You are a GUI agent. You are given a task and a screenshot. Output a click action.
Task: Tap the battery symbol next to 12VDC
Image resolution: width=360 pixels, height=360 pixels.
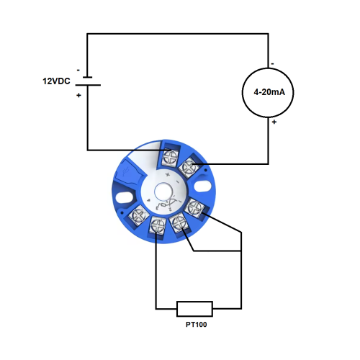[87, 81]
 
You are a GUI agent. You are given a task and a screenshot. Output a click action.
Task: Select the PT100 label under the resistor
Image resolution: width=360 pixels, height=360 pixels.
[194, 325]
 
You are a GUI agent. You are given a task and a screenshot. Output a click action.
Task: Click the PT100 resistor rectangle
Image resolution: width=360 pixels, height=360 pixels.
[194, 309]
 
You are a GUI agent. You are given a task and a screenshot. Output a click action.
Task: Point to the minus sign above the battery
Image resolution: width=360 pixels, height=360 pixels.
[78, 69]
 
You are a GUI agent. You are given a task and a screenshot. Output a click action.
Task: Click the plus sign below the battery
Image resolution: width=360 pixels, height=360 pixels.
[78, 95]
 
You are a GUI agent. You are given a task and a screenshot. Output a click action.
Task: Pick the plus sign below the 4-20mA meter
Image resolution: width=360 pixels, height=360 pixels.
[274, 122]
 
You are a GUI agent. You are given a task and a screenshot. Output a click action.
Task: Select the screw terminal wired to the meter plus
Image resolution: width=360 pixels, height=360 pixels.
[190, 167]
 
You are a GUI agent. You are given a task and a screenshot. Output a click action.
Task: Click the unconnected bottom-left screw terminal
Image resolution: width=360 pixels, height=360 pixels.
[139, 213]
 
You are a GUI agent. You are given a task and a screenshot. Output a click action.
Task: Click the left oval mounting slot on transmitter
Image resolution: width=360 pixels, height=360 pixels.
[122, 194]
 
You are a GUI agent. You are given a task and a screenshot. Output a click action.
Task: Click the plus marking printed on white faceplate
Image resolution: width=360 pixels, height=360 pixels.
[168, 174]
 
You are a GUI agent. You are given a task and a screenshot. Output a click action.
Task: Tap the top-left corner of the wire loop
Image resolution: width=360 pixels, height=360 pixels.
[87, 33]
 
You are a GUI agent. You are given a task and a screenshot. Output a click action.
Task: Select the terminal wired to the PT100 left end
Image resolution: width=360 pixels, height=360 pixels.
[158, 224]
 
